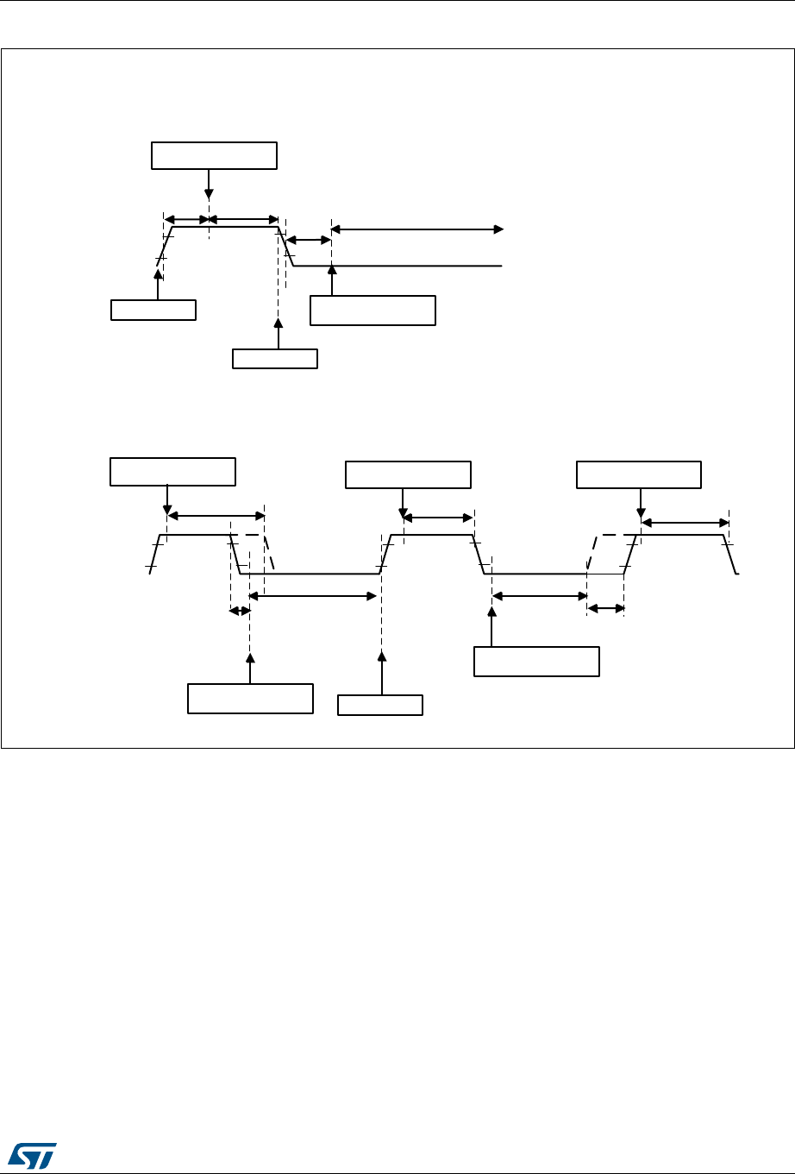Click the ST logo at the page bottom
[x=31, y=1153]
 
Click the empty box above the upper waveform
[x=214, y=155]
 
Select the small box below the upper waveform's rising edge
[x=153, y=310]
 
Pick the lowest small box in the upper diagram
[x=275, y=358]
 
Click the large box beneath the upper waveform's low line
[x=372, y=311]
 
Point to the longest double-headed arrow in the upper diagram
[x=417, y=229]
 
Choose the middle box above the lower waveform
[x=408, y=475]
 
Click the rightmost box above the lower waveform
[x=639, y=475]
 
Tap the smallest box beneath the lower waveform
[x=380, y=705]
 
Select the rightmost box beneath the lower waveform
[x=536, y=660]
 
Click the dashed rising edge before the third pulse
[x=593, y=553]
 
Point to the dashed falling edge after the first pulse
[x=269, y=553]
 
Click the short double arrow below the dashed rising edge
[x=605, y=609]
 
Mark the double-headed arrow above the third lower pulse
[x=685, y=522]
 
